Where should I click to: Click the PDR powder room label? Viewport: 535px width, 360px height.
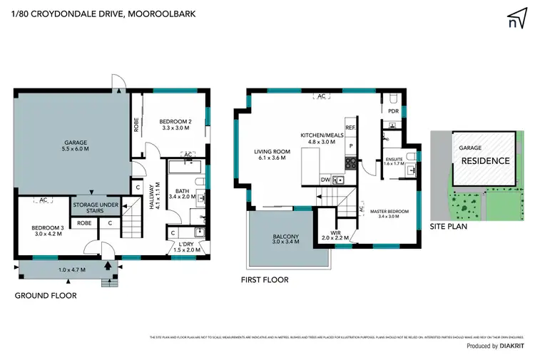coord(393,111)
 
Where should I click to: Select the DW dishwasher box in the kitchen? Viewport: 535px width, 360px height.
coord(325,180)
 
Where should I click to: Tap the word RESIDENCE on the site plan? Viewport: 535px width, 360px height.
coord(485,160)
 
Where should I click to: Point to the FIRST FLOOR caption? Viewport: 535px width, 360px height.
coord(265,280)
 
